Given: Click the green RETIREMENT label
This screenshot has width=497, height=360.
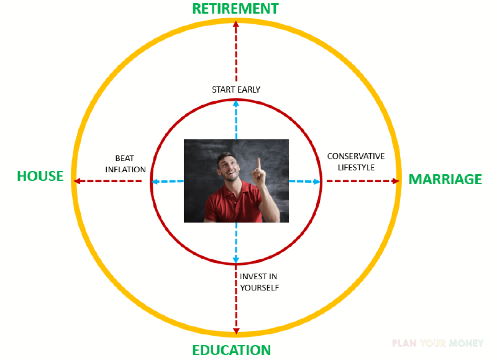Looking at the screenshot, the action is (235, 9).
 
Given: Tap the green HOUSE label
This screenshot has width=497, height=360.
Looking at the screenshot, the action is (40, 176).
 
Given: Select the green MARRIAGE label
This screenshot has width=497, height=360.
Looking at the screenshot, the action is (445, 179).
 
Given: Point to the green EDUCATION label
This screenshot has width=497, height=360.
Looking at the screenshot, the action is (231, 350).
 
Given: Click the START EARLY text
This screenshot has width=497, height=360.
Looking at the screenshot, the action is (236, 90).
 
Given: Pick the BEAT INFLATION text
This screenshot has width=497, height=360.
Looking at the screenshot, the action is (125, 164).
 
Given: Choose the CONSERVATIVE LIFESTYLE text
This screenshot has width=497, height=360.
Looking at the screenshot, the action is (356, 162).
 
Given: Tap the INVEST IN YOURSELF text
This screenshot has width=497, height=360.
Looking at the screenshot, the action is (259, 282).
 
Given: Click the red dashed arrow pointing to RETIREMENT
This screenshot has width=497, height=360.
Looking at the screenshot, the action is (236, 51).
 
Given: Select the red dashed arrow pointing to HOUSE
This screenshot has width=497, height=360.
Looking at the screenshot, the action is (107, 181).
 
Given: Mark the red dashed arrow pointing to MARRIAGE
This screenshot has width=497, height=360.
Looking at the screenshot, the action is (363, 181).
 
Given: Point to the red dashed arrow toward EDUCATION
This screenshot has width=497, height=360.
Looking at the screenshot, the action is (236, 300).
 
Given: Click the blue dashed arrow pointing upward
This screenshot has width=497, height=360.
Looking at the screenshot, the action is (236, 120).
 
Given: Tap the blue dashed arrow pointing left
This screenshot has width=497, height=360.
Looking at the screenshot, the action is (168, 182).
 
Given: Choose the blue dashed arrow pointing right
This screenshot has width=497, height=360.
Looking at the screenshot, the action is (304, 182).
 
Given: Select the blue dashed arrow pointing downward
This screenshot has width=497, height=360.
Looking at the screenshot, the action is (236, 242).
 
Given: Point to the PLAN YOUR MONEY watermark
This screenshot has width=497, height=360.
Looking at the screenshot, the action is (438, 343).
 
